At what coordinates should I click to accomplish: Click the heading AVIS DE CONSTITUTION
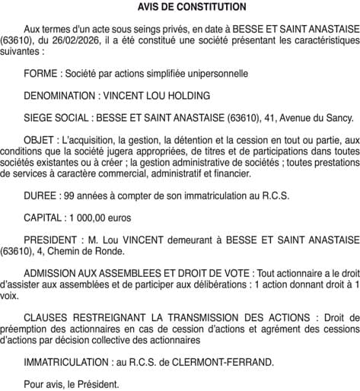point(180,7)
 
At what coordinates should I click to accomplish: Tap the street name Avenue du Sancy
point(313,118)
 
